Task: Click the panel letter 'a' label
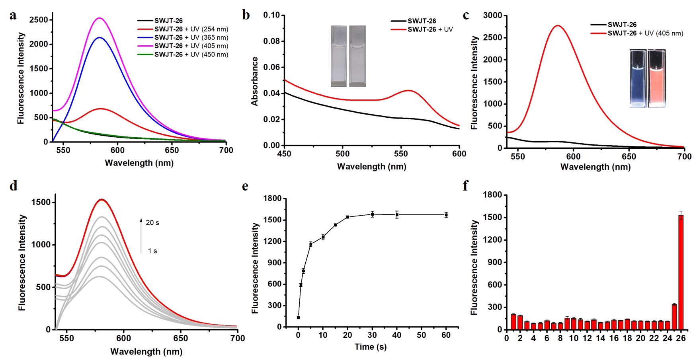(13, 16)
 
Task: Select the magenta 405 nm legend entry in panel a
(191, 46)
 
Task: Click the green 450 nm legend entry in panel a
(191, 54)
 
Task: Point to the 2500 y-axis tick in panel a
(39, 20)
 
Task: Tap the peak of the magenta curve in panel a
(99, 18)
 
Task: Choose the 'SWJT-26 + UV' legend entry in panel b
(429, 29)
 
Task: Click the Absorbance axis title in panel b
(255, 81)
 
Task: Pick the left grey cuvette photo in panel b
(339, 56)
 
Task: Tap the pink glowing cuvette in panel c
(656, 78)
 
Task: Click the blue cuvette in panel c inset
(638, 78)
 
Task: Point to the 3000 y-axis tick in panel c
(493, 16)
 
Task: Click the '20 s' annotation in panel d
(152, 223)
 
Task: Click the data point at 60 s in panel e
(446, 215)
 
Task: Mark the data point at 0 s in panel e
(298, 317)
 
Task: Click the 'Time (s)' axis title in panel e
(370, 347)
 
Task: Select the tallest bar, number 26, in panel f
(681, 272)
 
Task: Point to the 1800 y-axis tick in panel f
(492, 195)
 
